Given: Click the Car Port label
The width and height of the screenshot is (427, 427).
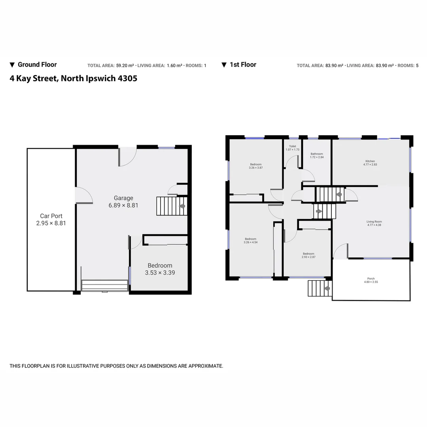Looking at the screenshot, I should (51, 216).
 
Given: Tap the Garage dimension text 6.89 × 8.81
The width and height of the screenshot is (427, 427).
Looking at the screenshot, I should (123, 205).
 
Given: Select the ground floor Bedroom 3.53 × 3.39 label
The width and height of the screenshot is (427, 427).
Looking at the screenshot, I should (160, 266).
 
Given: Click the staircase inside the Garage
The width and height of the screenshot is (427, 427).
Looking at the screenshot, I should (172, 206).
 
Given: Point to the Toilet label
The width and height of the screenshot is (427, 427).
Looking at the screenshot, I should (292, 146).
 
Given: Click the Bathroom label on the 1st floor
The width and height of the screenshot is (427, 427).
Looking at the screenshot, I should (317, 154).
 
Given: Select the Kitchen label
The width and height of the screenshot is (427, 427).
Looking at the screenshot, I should (370, 161).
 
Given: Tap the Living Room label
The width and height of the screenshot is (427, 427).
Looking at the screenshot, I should (374, 222).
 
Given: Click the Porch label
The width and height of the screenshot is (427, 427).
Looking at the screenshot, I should (370, 279).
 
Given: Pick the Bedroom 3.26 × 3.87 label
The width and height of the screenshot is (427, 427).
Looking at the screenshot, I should (255, 164).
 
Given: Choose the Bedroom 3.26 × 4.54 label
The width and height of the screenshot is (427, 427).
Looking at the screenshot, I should (251, 239).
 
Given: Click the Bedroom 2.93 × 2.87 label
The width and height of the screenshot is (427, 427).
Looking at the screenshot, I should (308, 254).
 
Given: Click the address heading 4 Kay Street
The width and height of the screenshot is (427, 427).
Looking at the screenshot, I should (74, 78).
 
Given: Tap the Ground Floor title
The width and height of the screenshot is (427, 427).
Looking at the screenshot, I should (37, 65).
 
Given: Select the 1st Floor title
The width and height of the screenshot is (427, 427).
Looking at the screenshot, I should (243, 65).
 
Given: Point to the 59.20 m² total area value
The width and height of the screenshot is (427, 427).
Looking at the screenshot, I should (125, 66).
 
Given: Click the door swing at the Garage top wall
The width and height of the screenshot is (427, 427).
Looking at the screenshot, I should (127, 157).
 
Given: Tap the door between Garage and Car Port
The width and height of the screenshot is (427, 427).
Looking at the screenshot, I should (83, 195).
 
